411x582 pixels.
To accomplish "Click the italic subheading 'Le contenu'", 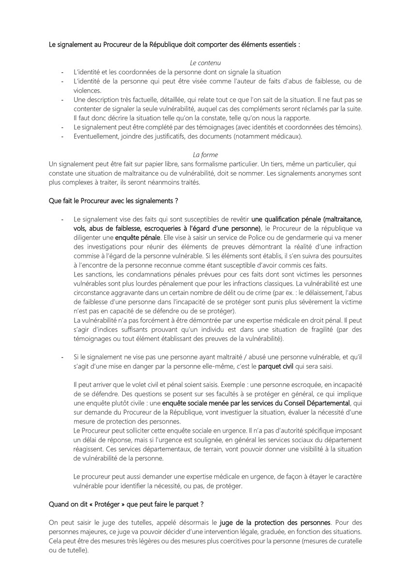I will tap(205, 63).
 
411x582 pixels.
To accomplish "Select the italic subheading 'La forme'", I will tap(205, 155).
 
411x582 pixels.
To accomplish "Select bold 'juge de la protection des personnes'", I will tap(275, 523).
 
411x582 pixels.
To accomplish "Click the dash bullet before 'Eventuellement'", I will tap(63, 136).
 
